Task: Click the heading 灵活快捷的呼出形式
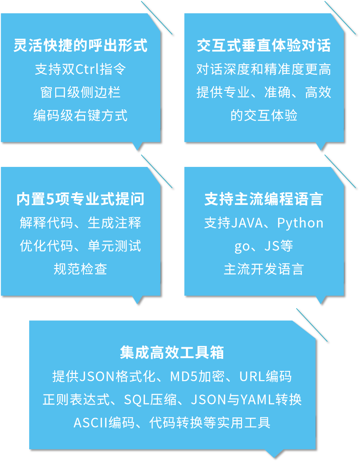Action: (80, 45)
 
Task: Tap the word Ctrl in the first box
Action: (87, 69)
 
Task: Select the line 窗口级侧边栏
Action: (80, 92)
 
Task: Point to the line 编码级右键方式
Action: (80, 115)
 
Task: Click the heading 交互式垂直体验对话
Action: (264, 45)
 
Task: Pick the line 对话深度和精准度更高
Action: (264, 69)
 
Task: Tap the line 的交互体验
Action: (264, 115)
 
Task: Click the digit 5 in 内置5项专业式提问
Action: (50, 199)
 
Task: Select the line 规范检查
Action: (80, 269)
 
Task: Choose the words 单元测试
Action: (115, 246)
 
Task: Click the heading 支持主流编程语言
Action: (264, 199)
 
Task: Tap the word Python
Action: (300, 223)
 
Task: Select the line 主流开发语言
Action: (264, 269)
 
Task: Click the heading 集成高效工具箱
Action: (172, 353)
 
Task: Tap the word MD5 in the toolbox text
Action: (184, 377)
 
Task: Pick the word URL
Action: (252, 377)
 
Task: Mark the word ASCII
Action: (91, 423)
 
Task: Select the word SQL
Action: (137, 400)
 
